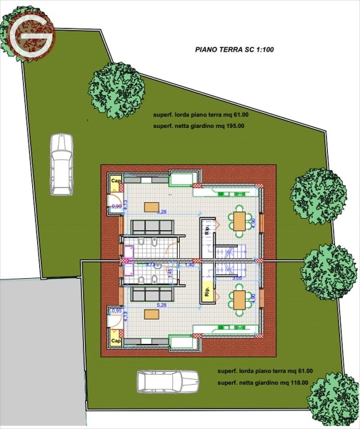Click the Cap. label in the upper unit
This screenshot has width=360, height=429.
coord(115,182)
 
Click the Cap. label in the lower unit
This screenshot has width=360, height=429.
coord(115,341)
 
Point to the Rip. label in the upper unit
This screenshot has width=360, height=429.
coord(208,230)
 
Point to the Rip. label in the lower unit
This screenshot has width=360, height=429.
coord(207,292)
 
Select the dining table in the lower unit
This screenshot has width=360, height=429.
coord(239,299)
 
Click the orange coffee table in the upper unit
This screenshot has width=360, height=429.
coord(151,207)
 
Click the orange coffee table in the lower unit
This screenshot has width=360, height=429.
coord(151,313)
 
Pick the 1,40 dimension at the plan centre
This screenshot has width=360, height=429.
coord(191,265)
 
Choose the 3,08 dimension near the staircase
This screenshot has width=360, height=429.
coord(238,275)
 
